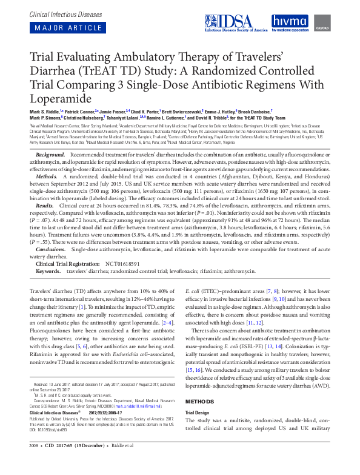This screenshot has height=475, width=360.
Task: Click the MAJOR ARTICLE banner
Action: [60, 28]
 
